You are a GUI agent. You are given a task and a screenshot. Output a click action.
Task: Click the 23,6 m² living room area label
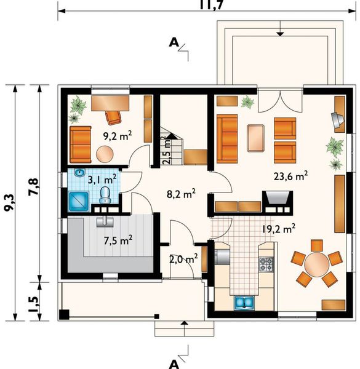[290, 176]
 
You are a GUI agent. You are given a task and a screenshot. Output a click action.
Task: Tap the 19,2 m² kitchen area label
[279, 228]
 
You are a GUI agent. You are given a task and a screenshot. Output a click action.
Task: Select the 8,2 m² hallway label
[181, 194]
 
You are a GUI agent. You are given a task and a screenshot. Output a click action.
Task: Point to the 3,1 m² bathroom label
[102, 180]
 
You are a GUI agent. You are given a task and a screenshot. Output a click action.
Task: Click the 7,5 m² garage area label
[118, 240]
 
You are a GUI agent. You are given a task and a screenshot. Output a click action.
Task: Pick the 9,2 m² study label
[118, 136]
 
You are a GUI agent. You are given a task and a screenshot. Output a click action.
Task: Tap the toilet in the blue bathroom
[105, 196]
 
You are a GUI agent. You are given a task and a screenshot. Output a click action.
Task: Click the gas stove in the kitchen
[266, 264]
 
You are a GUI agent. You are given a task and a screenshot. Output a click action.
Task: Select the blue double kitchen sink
[244, 303]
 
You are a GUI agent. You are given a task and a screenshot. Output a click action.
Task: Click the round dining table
[316, 264]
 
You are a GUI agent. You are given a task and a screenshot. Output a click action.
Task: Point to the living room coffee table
[255, 138]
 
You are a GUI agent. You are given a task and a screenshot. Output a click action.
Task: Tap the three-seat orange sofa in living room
[227, 139]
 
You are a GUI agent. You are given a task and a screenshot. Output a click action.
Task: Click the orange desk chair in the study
[113, 117]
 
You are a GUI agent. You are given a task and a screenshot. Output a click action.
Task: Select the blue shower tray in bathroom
[79, 201]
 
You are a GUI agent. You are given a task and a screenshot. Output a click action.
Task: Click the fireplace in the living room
[278, 203]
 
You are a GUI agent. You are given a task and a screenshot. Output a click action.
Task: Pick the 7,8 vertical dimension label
[33, 188]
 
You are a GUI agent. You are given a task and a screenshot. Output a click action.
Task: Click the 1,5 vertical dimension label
[33, 304]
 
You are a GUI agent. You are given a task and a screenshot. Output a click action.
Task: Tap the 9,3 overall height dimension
[10, 203]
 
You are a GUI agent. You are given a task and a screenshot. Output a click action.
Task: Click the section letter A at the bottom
[174, 364]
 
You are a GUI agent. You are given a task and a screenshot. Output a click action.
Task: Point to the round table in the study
[105, 154]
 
